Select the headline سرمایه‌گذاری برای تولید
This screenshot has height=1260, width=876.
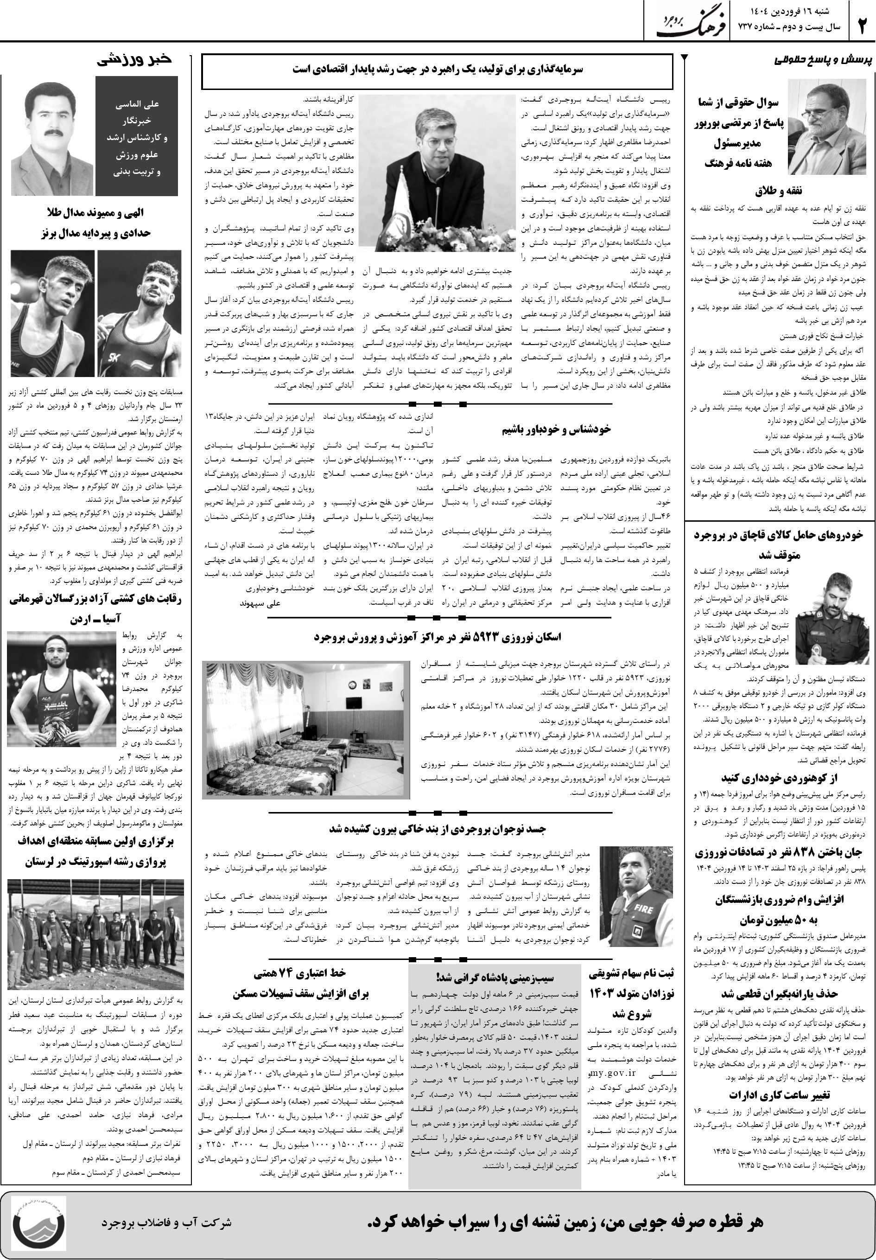pyautogui.click(x=437, y=70)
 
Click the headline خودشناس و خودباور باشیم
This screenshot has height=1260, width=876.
pyautogui.click(x=556, y=429)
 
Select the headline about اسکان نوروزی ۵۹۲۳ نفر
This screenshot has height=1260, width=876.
pyautogui.click(x=437, y=637)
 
